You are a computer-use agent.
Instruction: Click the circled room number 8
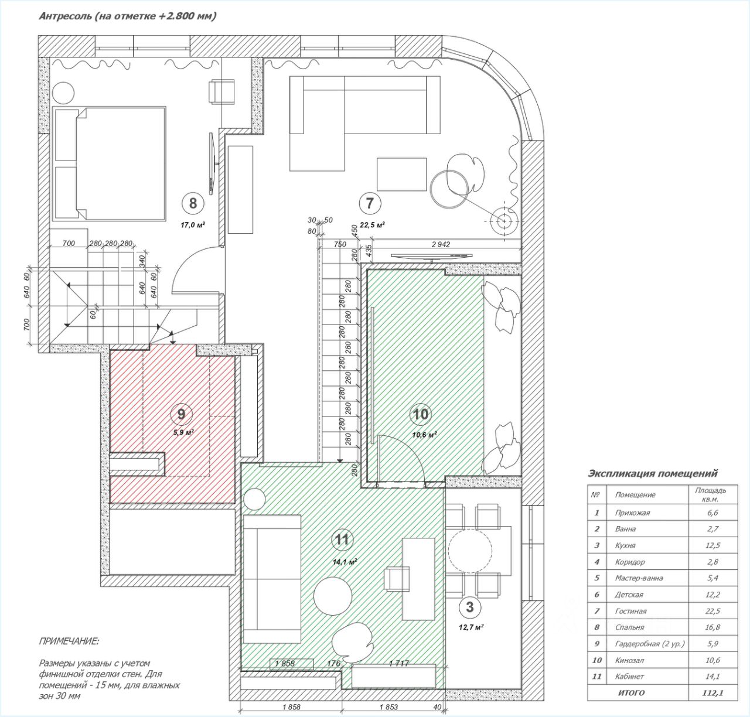[193, 203]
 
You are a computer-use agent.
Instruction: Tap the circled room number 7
[370, 203]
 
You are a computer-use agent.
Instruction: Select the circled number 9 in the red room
[181, 414]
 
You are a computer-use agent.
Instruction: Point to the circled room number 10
[421, 414]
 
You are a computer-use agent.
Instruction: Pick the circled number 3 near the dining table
[469, 607]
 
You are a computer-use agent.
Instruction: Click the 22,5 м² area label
[372, 225]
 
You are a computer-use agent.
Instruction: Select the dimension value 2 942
[440, 245]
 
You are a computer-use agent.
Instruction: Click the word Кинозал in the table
[630, 660]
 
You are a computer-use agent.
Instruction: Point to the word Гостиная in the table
[631, 611]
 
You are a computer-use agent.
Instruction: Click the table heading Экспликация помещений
[652, 473]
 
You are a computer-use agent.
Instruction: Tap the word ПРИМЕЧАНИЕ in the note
[69, 641]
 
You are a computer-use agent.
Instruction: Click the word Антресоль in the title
[65, 16]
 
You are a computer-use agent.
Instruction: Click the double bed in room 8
[110, 163]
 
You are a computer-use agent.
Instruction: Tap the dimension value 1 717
[407, 663]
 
